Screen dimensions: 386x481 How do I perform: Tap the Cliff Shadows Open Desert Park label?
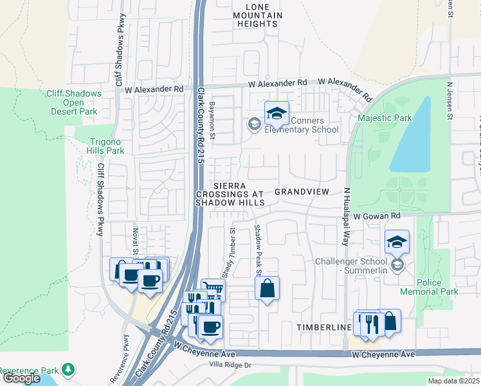74,102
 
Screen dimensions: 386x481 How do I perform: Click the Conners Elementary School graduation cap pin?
277,114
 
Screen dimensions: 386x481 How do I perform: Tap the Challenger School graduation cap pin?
397,243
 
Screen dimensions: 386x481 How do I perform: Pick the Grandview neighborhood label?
302,192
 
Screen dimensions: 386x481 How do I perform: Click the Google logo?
21,378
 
